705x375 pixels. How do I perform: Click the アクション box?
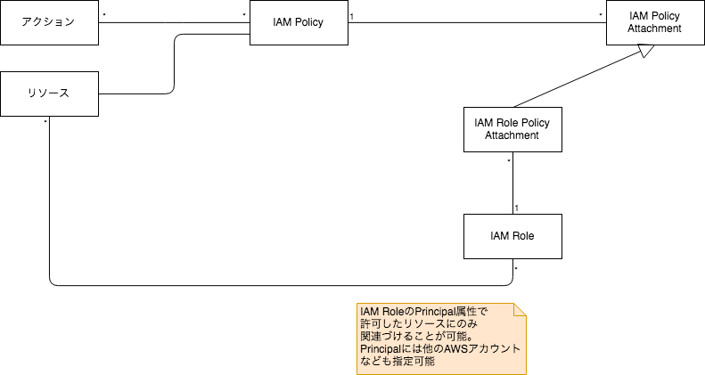tap(49, 23)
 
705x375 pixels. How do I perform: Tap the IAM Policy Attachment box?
tap(655, 23)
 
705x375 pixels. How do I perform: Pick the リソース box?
tap(49, 93)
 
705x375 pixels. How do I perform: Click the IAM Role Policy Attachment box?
tap(512, 129)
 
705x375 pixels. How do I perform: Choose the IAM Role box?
tap(512, 236)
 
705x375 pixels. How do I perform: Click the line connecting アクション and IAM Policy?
tap(174, 23)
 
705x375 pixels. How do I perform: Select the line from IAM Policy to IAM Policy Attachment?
tap(477, 23)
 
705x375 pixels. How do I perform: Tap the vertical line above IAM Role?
tap(512, 183)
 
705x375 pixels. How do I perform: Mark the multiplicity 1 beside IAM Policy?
tap(352, 16)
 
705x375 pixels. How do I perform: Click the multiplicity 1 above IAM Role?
tap(517, 208)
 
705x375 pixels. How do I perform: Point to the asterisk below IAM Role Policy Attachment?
tap(508, 159)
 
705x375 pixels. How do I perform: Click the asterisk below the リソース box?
tap(45, 122)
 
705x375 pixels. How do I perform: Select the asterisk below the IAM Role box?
tap(517, 266)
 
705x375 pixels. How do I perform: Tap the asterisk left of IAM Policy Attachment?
tap(601, 16)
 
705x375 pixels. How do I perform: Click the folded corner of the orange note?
tap(520, 310)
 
